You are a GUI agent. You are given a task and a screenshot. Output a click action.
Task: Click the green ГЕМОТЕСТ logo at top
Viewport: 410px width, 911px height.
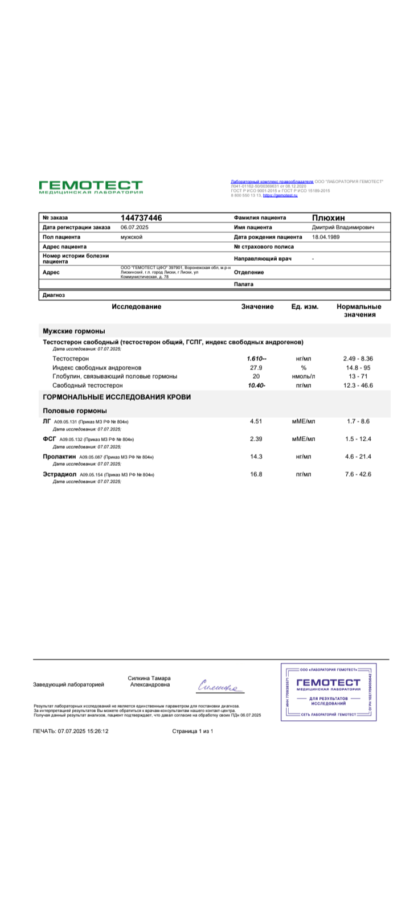(91, 187)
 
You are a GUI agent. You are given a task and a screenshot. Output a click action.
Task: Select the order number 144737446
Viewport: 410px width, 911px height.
(141, 218)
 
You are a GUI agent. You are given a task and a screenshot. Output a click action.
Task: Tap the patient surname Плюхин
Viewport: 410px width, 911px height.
(328, 218)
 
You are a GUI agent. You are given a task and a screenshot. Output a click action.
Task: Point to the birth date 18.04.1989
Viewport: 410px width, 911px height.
(326, 237)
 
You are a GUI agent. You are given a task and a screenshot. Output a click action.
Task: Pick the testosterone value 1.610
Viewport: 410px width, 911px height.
(256, 359)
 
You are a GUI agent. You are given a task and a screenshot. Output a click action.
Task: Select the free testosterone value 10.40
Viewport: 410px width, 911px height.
(256, 385)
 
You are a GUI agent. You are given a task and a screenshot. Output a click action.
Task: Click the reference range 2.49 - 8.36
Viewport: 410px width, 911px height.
(358, 359)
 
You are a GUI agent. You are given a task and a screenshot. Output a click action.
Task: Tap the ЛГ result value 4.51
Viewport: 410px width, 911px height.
(256, 421)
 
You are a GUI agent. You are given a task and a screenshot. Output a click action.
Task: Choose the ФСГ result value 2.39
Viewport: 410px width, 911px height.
(256, 439)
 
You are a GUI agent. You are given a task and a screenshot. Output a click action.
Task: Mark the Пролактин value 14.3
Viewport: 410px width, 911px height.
(256, 457)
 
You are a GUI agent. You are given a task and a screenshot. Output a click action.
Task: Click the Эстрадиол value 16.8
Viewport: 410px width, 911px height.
(256, 474)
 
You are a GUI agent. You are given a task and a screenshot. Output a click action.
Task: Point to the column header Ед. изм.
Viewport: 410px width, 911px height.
(305, 307)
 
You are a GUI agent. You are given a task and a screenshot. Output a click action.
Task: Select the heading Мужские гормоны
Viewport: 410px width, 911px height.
(74, 331)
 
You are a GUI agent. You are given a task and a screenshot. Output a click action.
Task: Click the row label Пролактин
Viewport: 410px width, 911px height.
(59, 457)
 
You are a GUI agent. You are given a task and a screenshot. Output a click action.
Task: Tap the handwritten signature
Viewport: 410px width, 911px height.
(220, 687)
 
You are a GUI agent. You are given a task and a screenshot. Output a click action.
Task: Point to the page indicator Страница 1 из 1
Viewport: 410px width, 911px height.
(192, 731)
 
